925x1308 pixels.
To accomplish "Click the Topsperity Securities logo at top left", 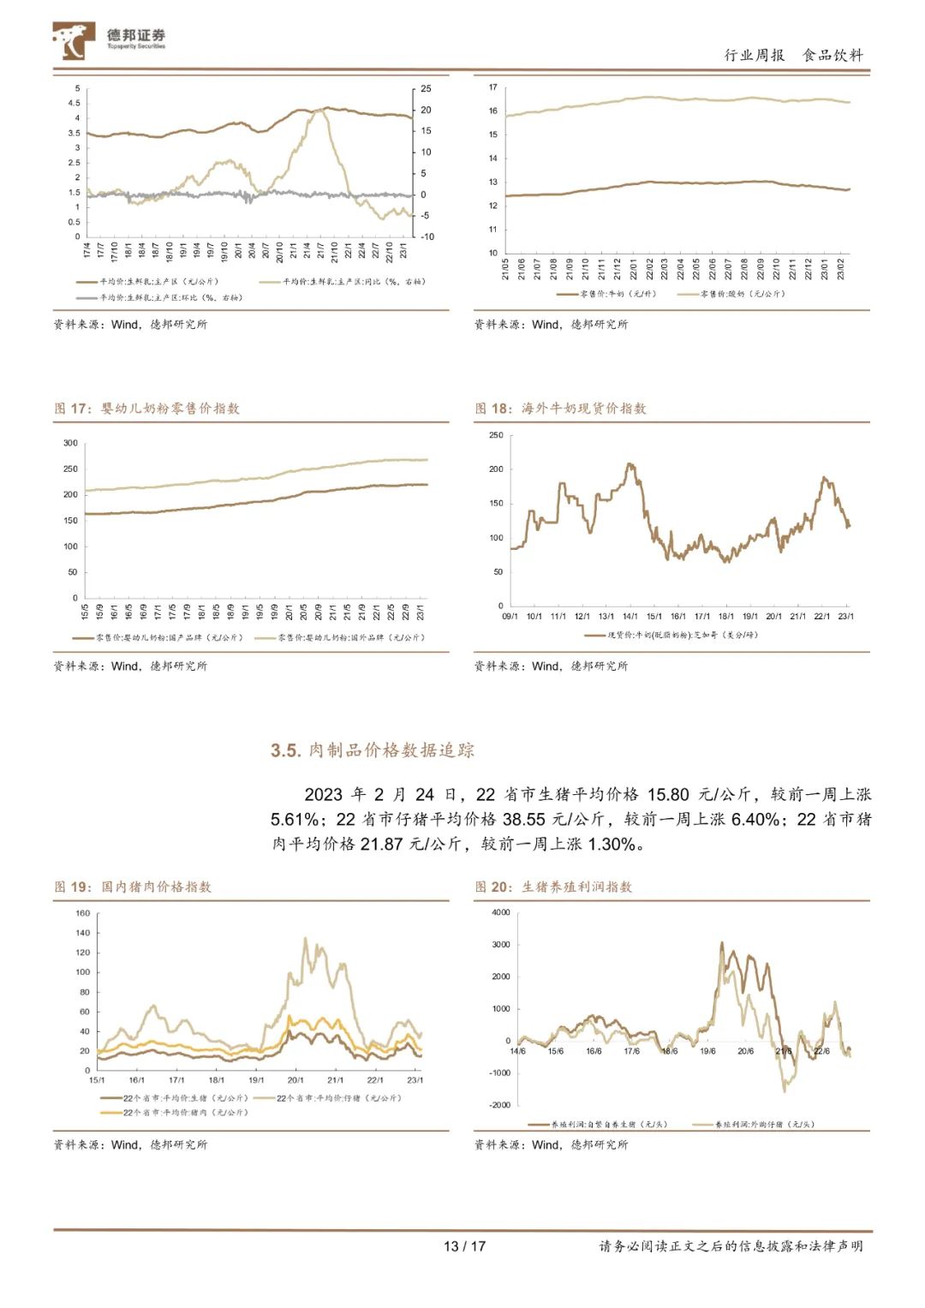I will pos(109,40).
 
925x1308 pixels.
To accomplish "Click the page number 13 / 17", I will pos(464,1246).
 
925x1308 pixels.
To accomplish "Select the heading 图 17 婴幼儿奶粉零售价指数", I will pos(146,409).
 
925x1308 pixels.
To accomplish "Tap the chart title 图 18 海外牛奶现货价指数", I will pos(561,409).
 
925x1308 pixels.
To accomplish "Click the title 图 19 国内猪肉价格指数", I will pos(133,887).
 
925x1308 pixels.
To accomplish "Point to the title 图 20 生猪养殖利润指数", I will pos(554,887).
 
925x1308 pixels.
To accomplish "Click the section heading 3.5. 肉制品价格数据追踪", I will pos(373,750).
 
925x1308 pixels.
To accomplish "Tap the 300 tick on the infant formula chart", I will pos(70,444).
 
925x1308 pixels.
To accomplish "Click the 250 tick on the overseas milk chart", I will pos(496,436).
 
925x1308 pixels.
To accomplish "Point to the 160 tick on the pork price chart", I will pos(82,913).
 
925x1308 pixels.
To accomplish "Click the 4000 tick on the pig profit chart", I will pos(501,913).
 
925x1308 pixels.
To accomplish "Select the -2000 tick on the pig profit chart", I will pos(499,1105).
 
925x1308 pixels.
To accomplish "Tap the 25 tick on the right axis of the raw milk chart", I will pos(426,89).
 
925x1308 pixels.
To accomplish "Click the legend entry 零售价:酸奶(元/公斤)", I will pos(742,294).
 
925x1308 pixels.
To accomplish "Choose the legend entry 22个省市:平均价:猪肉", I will pos(185,1113).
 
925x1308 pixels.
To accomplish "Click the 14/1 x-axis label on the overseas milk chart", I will pos(630,617).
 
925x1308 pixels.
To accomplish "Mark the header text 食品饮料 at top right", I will pos(832,56).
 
